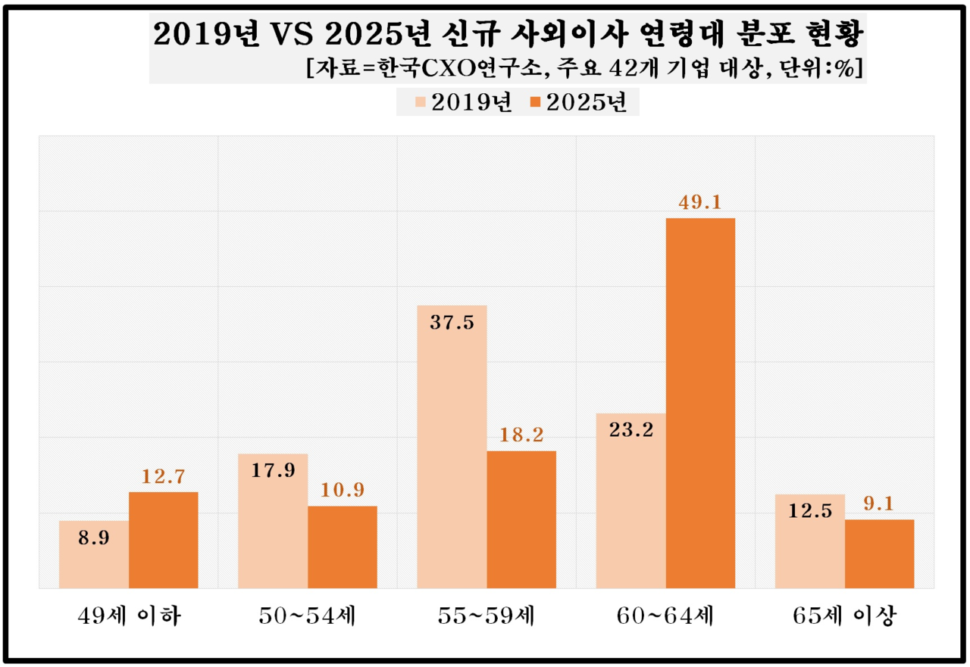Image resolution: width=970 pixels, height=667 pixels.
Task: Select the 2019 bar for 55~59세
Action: click(452, 447)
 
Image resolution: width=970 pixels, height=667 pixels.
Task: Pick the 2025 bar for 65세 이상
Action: click(879, 553)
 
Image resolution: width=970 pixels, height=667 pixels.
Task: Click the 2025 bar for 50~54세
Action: click(343, 547)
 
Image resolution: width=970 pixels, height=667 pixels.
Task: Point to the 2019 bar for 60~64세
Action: click(631, 500)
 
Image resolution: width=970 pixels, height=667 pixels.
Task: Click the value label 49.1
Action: click(700, 202)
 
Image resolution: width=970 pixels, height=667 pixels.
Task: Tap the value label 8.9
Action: click(94, 540)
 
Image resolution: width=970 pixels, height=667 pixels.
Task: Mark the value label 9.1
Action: click(879, 503)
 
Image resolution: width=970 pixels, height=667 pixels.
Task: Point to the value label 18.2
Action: click(521, 435)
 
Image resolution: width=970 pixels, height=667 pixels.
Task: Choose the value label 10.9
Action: click(343, 489)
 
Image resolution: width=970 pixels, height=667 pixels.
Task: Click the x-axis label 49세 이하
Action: click(129, 616)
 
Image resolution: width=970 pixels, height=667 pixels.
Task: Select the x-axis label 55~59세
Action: click(487, 616)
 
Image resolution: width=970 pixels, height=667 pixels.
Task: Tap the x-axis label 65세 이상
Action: click(844, 616)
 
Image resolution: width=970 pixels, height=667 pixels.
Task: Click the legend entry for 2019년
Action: click(463, 101)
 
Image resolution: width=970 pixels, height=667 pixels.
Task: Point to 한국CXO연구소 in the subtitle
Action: click(468, 67)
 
